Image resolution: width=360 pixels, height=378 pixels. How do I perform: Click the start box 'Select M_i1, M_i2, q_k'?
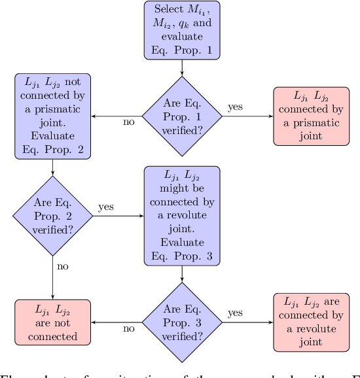(181, 31)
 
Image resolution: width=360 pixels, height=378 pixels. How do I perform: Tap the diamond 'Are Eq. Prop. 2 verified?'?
(52, 216)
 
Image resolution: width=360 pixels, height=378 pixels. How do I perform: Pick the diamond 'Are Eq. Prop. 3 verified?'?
(181, 322)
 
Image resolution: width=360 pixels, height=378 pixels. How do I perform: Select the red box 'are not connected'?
(52, 322)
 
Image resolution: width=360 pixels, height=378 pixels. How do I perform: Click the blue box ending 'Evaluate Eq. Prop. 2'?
(52, 116)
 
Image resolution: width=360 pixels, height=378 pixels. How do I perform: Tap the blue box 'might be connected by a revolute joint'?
(181, 216)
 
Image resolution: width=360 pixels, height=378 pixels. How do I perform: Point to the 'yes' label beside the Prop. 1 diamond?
(236, 107)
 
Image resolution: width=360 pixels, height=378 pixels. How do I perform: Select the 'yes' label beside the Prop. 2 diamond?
(106, 207)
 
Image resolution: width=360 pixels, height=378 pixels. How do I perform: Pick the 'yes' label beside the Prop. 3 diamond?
(236, 313)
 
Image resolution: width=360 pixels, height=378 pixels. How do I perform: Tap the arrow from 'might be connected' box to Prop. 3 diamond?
(181, 275)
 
